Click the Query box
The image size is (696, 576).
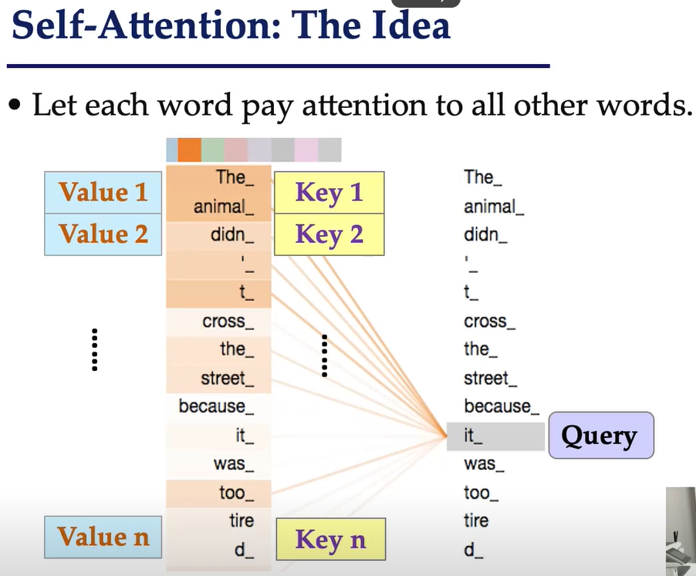click(x=601, y=435)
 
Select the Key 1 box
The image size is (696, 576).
click(x=329, y=193)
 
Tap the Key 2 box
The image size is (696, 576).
click(x=329, y=234)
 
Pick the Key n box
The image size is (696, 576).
click(x=331, y=539)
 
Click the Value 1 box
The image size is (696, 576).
click(x=103, y=193)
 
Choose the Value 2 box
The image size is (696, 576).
click(x=103, y=234)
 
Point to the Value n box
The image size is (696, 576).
click(x=103, y=537)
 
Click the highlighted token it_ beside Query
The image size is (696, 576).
click(x=473, y=436)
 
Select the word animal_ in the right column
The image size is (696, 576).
click(x=494, y=207)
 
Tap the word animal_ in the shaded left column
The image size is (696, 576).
click(x=224, y=207)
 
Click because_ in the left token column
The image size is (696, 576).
click(x=216, y=406)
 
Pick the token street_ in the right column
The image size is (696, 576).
click(x=491, y=379)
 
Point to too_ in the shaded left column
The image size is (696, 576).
click(x=237, y=493)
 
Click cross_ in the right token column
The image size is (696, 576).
click(x=490, y=321)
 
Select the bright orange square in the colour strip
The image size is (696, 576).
click(x=190, y=150)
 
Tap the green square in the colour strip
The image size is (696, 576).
click(x=213, y=150)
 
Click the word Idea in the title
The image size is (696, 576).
click(x=406, y=25)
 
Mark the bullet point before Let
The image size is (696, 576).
click(x=15, y=106)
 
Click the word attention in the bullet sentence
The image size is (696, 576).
click(x=364, y=106)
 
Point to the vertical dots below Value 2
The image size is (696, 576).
click(x=95, y=349)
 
